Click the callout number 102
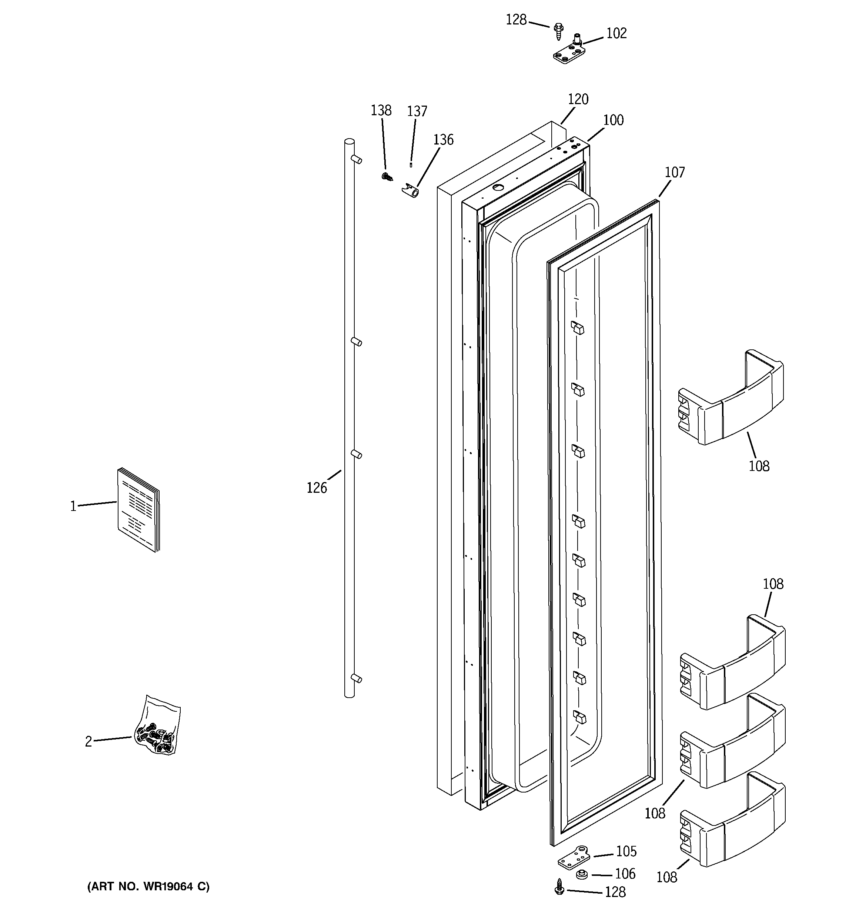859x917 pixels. (x=616, y=34)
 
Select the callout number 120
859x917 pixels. (x=578, y=99)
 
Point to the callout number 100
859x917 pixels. (x=613, y=120)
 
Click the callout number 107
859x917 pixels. (x=675, y=173)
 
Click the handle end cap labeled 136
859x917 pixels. (x=410, y=190)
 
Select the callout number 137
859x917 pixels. (x=417, y=111)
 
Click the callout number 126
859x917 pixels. (x=317, y=488)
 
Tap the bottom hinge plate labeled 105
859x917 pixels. (x=574, y=858)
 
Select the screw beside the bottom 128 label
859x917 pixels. (x=560, y=887)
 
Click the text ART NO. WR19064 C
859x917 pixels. (x=148, y=886)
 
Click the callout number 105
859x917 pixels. (x=626, y=851)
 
